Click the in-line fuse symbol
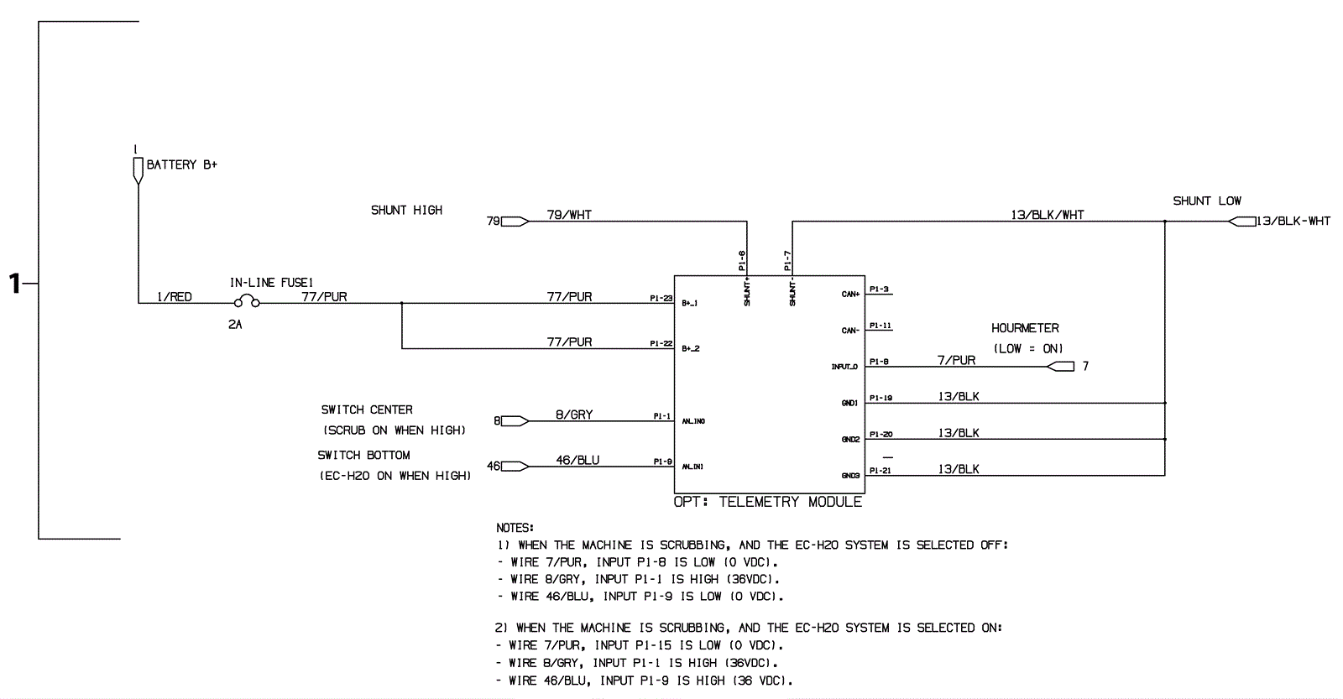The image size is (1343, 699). (247, 303)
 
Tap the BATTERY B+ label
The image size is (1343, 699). (181, 164)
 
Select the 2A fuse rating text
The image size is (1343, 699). (235, 324)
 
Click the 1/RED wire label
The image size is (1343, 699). (175, 297)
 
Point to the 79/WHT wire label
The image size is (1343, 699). (569, 215)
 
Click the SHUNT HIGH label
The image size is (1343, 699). (406, 210)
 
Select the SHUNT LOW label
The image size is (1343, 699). (1206, 201)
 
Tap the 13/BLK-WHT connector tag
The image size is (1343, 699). (1293, 222)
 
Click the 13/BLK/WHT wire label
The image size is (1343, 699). (1047, 215)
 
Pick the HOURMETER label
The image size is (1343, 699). (1025, 328)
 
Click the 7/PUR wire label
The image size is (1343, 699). (956, 360)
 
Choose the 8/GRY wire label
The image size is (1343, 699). (574, 415)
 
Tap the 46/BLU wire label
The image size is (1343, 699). (577, 460)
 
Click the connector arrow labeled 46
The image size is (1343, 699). (514, 467)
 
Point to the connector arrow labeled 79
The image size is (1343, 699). (515, 222)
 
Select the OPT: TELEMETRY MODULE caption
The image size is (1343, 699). (767, 502)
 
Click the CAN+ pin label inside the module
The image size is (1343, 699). (850, 295)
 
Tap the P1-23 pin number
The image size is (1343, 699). (661, 298)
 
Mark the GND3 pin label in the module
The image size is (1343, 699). (850, 476)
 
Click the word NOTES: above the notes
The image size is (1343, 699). (515, 528)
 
